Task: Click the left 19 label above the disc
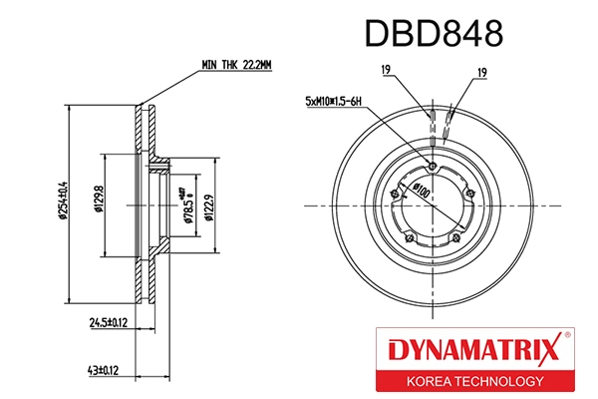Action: pos(384,71)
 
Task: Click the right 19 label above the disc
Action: pos(480,71)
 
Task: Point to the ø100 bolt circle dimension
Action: pos(423,190)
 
